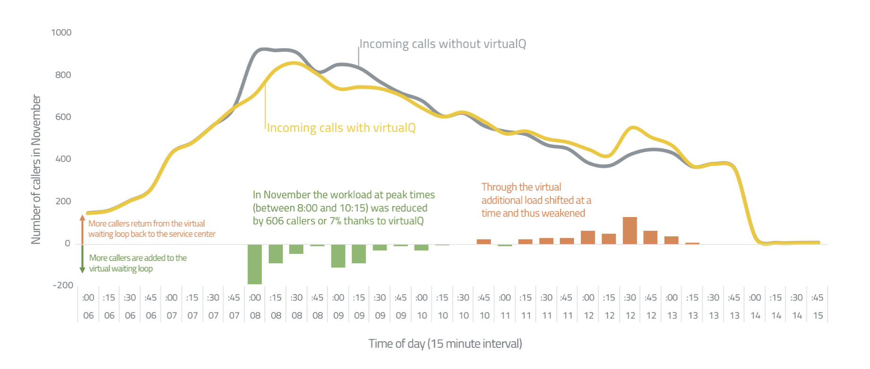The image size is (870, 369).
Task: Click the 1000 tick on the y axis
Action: coord(61,33)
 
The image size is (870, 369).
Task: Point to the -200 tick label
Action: coord(63,285)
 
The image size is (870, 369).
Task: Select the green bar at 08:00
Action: coord(255,264)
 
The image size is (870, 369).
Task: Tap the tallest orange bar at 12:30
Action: coord(630,230)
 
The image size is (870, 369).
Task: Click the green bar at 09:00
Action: coord(338,256)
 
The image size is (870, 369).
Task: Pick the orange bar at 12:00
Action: coord(588,237)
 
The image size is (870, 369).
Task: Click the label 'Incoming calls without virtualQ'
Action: coord(443,44)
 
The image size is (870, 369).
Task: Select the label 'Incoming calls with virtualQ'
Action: coord(341,128)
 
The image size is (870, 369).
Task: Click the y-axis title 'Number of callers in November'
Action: coord(36,169)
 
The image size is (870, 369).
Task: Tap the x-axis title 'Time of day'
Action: coord(445,344)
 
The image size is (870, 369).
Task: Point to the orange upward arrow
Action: coord(82,229)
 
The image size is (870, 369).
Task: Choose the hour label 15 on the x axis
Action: coord(818,316)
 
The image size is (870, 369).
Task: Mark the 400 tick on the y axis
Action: coord(63,159)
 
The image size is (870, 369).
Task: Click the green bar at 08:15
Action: coord(275,254)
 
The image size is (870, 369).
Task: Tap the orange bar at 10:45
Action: coord(484,242)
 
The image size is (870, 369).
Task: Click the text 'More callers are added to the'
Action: coord(137,258)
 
